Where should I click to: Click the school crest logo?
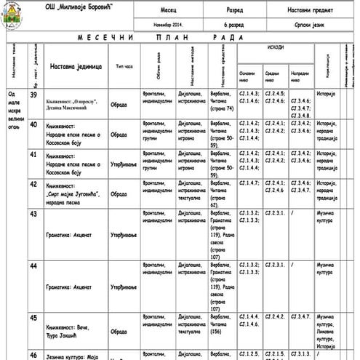11,15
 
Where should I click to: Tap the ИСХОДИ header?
276,46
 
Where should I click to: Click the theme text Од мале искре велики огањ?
14,109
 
